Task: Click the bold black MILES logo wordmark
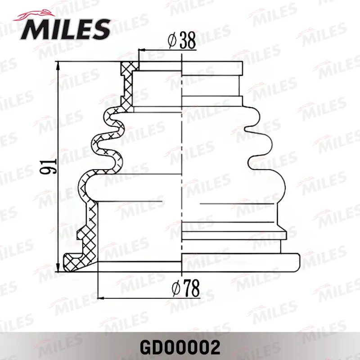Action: [65, 30]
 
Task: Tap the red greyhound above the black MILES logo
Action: [34, 15]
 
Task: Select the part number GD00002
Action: [180, 347]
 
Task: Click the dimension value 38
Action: [187, 40]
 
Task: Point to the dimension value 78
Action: [191, 288]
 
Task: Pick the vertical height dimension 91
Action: [48, 166]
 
